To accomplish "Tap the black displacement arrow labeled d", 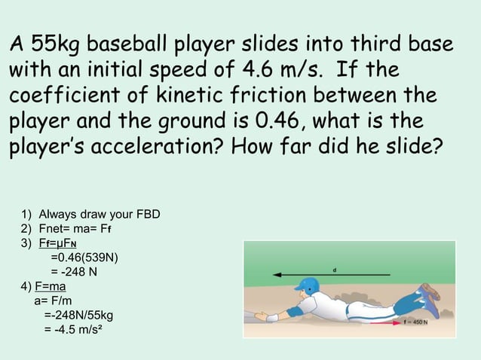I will click(332, 275).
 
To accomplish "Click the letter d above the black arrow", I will click(333, 268).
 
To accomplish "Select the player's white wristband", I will click(272, 318).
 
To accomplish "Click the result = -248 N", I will click(73, 272).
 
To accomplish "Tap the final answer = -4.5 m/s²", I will click(73, 329).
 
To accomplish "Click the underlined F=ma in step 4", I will click(51, 286).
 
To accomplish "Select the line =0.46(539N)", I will click(84, 258).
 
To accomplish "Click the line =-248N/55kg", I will click(79, 315).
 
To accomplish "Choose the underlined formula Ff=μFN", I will click(56, 243).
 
